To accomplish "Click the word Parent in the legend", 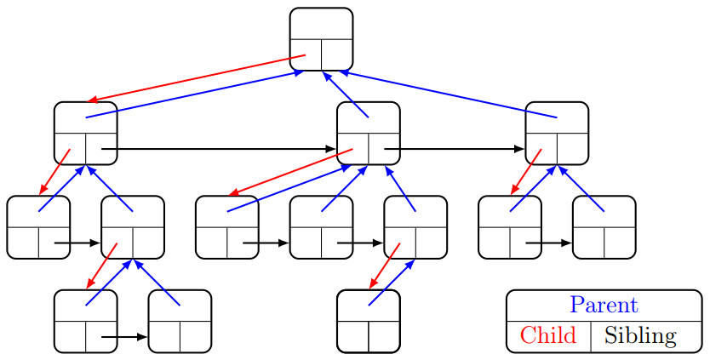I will (604, 305).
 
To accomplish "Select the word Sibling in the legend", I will (640, 335).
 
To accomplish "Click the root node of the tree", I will (321, 39).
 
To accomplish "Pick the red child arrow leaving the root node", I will (196, 78).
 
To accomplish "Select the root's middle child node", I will (368, 133).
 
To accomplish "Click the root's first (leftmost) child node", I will (85, 133).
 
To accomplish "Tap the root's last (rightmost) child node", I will (557, 133).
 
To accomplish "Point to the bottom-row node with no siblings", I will (368, 321).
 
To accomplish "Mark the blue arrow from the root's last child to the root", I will (443, 94).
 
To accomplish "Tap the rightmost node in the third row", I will (604, 227).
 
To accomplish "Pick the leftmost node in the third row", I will (38, 227).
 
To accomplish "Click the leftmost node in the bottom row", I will (85, 321).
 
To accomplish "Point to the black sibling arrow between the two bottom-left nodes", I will (124, 337).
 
